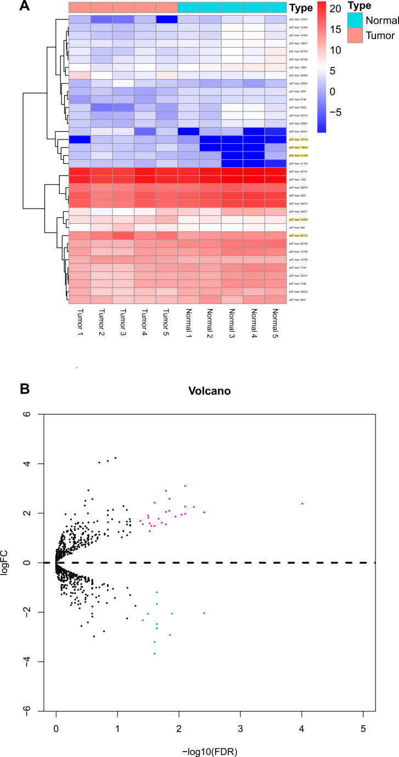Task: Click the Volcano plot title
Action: pos(215,392)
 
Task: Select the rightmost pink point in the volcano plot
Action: pos(302,503)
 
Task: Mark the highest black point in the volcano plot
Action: pos(115,458)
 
